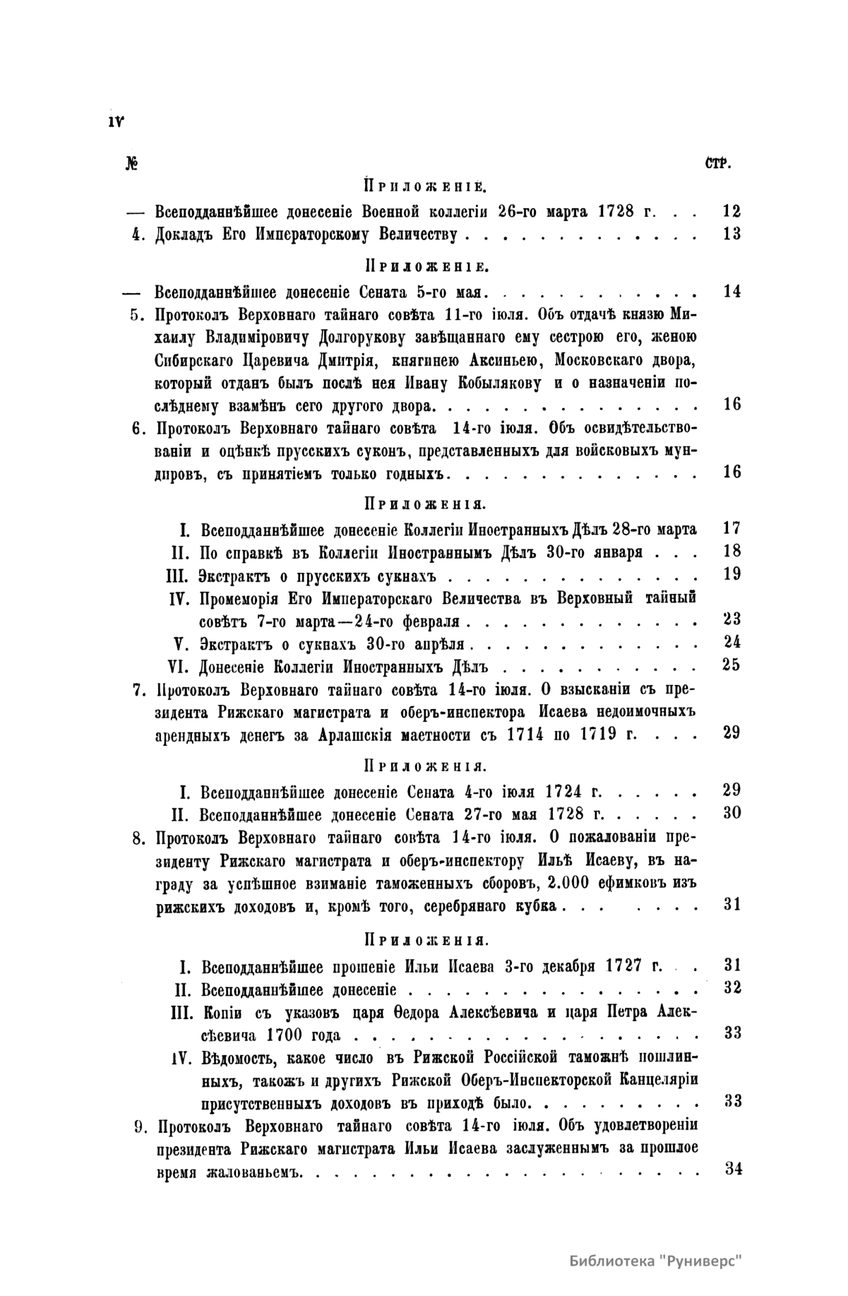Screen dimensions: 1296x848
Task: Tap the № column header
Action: (x=131, y=164)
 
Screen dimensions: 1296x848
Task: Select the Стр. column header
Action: (x=717, y=164)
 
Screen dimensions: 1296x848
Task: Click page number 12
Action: (x=732, y=210)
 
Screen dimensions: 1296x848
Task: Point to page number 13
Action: (x=732, y=234)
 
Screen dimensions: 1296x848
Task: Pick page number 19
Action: (x=732, y=573)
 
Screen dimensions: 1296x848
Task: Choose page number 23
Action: (x=732, y=619)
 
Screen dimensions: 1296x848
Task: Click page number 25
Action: (x=732, y=665)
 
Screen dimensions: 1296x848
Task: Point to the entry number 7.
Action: (x=138, y=689)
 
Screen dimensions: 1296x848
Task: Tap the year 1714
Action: (x=525, y=734)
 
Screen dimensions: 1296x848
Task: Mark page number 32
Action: (x=732, y=987)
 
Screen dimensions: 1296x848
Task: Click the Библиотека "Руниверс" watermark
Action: (x=657, y=1261)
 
